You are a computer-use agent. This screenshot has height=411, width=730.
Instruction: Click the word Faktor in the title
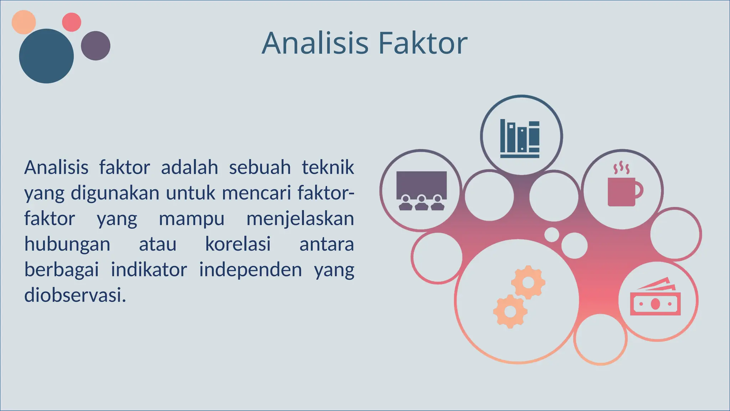[422, 43]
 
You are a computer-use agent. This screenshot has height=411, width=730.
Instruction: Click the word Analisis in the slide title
[315, 43]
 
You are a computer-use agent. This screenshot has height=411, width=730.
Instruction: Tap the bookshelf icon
[520, 139]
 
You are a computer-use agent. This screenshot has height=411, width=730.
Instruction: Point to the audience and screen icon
[421, 191]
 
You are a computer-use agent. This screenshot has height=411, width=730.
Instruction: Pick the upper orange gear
[528, 282]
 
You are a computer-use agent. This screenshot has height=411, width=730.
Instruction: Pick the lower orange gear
[510, 311]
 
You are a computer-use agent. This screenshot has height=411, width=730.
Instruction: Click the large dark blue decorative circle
[46, 56]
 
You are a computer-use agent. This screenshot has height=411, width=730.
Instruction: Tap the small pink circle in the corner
[72, 22]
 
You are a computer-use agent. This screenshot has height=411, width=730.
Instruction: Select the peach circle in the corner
[24, 22]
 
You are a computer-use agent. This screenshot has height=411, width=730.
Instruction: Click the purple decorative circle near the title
[96, 46]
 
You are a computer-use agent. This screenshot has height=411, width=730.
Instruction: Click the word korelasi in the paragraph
[238, 244]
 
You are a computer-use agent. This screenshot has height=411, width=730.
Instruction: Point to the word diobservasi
[75, 295]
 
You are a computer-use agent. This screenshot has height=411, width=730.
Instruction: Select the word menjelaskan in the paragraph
[300, 219]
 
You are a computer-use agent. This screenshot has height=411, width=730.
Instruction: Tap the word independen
[250, 270]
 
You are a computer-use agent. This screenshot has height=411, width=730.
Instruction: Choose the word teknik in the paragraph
[328, 167]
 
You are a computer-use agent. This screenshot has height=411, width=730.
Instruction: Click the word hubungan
[67, 244]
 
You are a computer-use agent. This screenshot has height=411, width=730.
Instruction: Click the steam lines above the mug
[621, 168]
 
